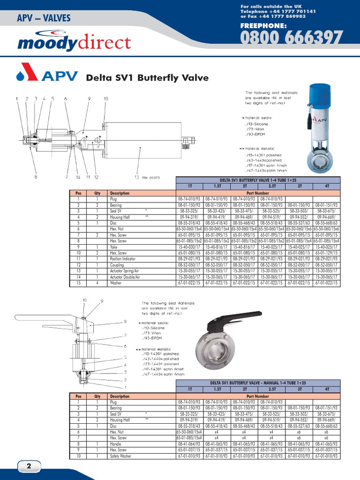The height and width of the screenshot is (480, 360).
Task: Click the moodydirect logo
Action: (x=74, y=43)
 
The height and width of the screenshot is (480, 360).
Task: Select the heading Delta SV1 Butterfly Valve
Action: (x=147, y=78)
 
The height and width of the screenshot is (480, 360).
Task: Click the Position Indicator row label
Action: (x=123, y=259)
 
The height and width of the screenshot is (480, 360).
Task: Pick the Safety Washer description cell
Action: (x=121, y=456)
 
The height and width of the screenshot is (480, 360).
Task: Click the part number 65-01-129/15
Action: (x=326, y=253)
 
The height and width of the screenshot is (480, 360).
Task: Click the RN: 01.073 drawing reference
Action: (x=150, y=178)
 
